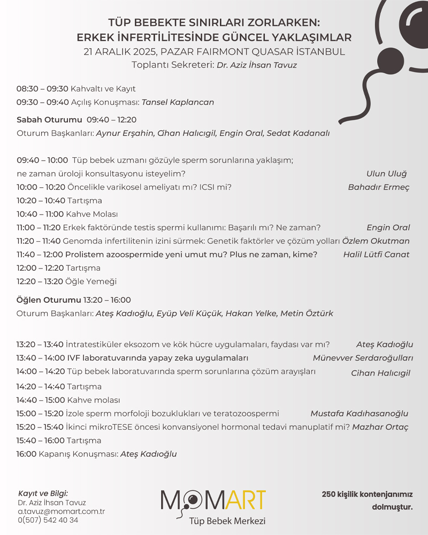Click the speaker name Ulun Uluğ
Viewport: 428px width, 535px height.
coord(386,174)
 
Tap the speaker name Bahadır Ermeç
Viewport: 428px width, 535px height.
coord(378,187)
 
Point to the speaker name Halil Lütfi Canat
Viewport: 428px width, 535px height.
coord(376,255)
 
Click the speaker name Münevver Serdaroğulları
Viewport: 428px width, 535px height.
coord(363,358)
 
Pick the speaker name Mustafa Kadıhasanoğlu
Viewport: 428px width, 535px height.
coord(359,413)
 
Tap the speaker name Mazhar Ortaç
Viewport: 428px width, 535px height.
coord(380,427)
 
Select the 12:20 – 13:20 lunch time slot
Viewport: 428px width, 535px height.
coord(40,281)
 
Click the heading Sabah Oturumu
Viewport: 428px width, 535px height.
coord(49,120)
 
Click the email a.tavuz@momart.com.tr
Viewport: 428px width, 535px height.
coord(61,511)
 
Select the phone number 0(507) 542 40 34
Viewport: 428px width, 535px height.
coord(48,520)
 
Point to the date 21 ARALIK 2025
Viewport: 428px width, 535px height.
coord(120,52)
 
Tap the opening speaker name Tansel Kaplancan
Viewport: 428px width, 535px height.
coord(178,102)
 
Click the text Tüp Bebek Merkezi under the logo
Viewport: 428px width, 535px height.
coord(227,521)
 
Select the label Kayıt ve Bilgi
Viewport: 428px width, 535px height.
coord(43,493)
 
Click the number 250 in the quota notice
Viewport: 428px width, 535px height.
coord(329,494)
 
